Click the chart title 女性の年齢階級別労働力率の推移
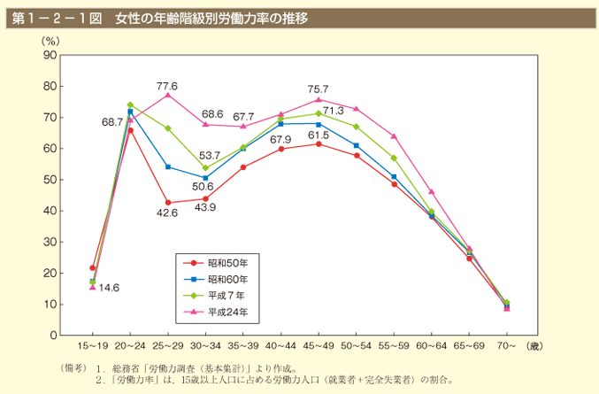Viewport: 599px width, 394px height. pos(211,18)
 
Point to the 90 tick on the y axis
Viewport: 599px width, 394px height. pos(50,55)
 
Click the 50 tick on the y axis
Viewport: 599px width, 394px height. pos(50,180)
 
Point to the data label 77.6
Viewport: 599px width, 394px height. pos(167,86)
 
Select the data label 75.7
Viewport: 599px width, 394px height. pos(319,89)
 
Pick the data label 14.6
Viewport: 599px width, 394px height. pos(110,288)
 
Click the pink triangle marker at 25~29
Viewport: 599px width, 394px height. pos(167,95)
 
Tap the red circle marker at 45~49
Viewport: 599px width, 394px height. pos(319,143)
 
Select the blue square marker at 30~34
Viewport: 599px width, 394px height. pos(205,177)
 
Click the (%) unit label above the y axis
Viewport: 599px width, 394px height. pos(50,41)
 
